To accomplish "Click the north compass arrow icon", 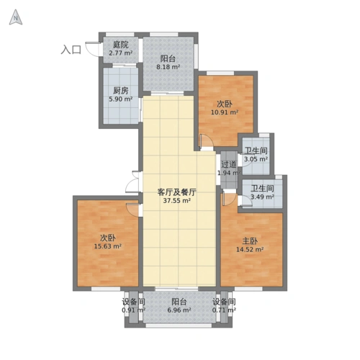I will pyautogui.click(x=15, y=19).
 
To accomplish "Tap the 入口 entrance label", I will pyautogui.click(x=71, y=50).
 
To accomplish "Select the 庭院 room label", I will pyautogui.click(x=120, y=45).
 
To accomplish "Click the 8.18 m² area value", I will pyautogui.click(x=168, y=68).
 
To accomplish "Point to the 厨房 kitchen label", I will pyautogui.click(x=120, y=91).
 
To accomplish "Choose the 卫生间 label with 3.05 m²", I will pyautogui.click(x=256, y=150).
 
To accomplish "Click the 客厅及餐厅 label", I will pyautogui.click(x=176, y=192).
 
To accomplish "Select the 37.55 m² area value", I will pyautogui.click(x=176, y=202).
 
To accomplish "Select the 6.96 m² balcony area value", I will pyautogui.click(x=179, y=311).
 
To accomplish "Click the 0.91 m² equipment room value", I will pyautogui.click(x=133, y=311).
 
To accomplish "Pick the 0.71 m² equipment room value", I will pyautogui.click(x=224, y=311).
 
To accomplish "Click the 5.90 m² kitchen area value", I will pyautogui.click(x=120, y=99).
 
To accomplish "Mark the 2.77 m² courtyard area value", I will pyautogui.click(x=120, y=53).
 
